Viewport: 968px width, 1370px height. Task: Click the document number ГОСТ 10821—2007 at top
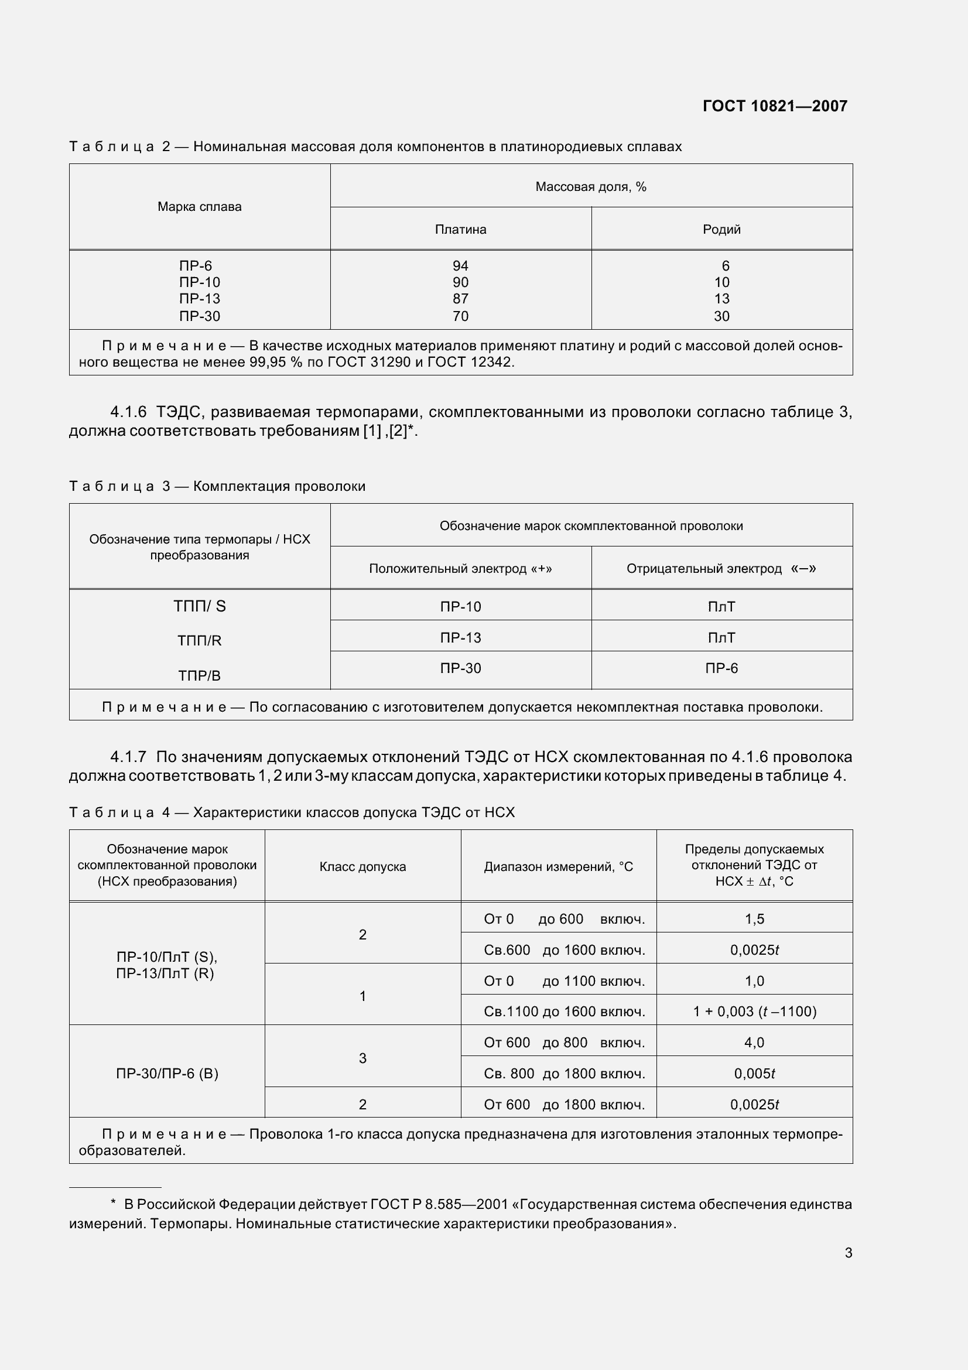tap(775, 106)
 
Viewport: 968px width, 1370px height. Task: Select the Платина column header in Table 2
tap(460, 230)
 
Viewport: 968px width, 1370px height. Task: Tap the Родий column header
tap(721, 230)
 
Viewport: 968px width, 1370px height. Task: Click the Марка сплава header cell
tap(199, 207)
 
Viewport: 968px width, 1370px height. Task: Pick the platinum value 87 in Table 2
tap(460, 299)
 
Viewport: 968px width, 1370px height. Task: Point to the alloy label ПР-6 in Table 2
tap(196, 266)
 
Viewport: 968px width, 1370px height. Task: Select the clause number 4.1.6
tap(128, 412)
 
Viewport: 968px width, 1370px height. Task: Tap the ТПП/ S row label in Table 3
tap(199, 606)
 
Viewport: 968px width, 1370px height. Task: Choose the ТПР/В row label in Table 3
tap(199, 676)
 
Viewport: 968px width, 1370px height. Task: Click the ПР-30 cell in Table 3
tap(460, 668)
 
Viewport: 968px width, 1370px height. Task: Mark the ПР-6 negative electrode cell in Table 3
tap(721, 668)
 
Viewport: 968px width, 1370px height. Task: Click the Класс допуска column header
tap(362, 867)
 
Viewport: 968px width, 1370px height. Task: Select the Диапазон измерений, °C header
tap(558, 867)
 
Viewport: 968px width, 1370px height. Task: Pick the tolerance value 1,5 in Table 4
tap(754, 920)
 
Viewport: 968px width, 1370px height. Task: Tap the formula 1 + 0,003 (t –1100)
tap(754, 1012)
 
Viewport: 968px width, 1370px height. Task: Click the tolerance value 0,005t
tap(754, 1074)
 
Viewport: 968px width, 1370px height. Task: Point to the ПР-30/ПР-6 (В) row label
tap(167, 1074)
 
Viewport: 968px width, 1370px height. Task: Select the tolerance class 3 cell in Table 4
tap(362, 1058)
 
